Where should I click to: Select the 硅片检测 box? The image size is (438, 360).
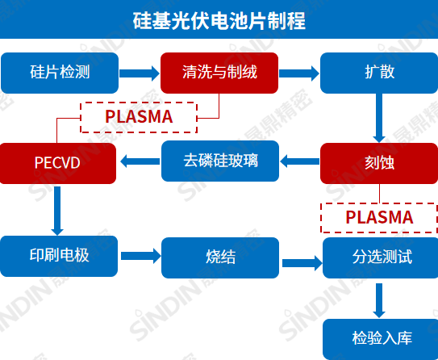59,73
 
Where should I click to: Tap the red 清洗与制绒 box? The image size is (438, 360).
219,73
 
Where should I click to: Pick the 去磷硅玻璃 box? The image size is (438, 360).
220,160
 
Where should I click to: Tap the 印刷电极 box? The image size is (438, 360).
59,256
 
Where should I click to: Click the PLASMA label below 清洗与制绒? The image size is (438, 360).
139,117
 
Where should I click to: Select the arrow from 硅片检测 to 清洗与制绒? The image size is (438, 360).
139,73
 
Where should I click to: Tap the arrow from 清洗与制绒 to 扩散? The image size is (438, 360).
298,73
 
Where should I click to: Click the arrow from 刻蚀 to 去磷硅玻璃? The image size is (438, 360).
299,161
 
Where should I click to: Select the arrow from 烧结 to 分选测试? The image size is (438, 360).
300,262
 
